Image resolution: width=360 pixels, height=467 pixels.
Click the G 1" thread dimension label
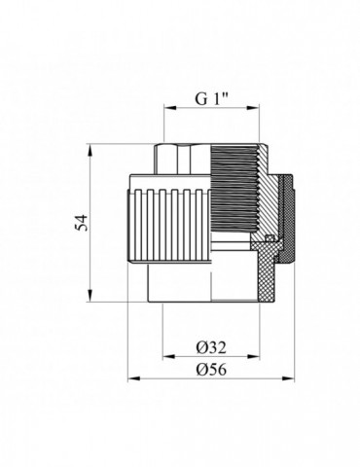(206, 98)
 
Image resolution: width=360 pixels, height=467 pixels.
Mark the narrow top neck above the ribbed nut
(185, 156)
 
